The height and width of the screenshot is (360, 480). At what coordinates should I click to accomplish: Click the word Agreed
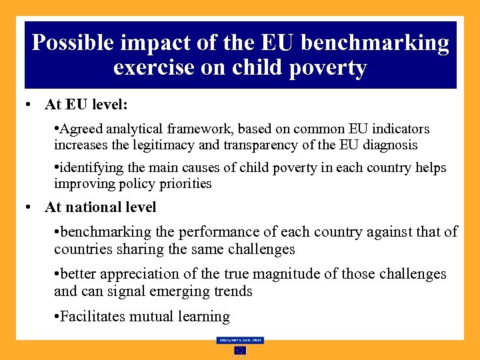click(x=81, y=129)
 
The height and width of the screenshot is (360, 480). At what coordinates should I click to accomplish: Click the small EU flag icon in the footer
click(x=240, y=351)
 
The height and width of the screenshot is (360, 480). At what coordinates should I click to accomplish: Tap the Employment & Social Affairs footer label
click(x=240, y=340)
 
